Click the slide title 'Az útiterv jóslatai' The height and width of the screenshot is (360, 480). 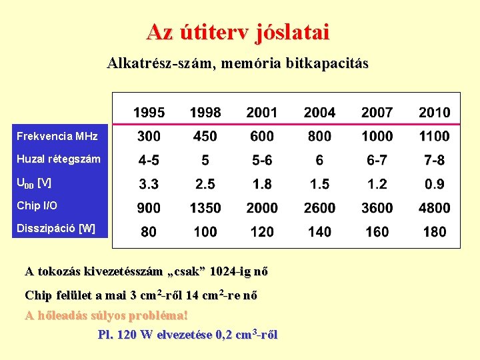point(238,31)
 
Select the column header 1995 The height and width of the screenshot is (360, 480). point(149,113)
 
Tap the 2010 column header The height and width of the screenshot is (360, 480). point(434,113)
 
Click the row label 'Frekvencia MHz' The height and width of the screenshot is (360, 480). point(57,136)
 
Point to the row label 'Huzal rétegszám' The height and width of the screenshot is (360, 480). point(59,159)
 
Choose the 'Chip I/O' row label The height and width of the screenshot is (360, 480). point(37,205)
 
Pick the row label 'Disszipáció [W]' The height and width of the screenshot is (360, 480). point(56,229)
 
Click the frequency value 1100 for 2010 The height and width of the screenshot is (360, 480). point(434,136)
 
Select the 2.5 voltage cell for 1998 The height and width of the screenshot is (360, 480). point(205,184)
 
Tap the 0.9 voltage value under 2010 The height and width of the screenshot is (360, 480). point(434,184)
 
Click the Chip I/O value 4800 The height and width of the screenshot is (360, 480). point(434,208)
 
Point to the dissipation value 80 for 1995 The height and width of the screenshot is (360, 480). point(149,232)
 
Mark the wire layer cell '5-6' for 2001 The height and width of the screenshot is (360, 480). point(262,160)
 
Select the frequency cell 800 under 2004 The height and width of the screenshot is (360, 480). point(319,136)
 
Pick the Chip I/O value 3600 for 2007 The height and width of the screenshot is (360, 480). point(377,208)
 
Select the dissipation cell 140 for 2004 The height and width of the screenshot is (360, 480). point(319,232)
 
